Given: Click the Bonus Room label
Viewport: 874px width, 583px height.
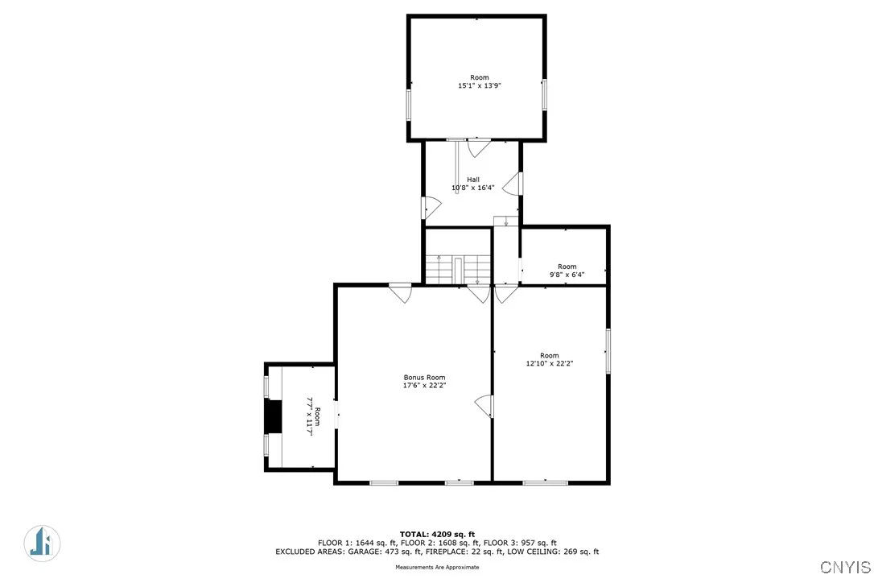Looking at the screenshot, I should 424,378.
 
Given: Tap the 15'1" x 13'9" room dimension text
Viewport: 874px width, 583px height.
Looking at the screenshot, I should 480,85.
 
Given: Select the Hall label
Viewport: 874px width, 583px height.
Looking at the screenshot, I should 473,179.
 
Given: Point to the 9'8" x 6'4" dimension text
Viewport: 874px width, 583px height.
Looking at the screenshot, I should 567,275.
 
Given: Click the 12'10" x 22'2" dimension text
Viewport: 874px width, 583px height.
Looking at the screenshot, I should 549,364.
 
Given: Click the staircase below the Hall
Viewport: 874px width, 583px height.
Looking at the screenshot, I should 457,269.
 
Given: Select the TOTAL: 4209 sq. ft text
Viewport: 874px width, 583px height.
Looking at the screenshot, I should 437,534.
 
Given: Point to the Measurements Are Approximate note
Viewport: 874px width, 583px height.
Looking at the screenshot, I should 437,568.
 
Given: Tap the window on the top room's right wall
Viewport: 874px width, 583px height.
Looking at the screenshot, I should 545,94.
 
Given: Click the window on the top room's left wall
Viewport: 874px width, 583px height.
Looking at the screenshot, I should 409,104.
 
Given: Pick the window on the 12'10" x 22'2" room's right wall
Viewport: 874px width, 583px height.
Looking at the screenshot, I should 608,351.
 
